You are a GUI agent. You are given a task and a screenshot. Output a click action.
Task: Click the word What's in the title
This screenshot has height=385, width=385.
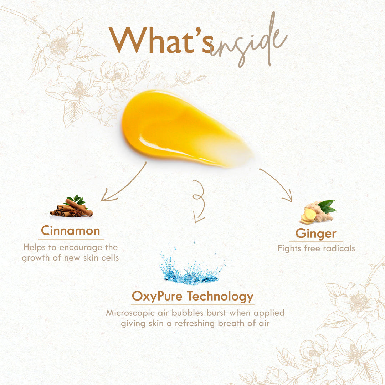coord(161,40)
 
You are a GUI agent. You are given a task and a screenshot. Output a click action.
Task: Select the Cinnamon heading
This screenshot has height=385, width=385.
coord(71,231)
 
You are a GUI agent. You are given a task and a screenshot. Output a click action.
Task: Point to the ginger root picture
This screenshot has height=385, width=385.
coord(318,212)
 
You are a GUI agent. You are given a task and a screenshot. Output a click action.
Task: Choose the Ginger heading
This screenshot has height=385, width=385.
coord(316,233)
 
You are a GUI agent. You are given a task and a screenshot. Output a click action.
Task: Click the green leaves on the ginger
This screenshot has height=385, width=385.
coord(327,206)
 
